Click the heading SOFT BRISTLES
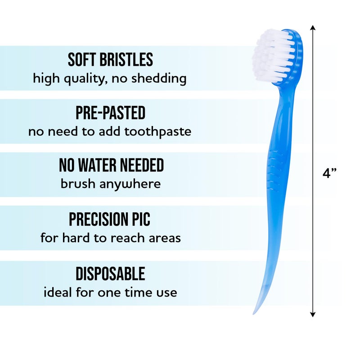[110, 60]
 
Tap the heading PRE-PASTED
[110, 113]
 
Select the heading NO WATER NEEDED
[111, 166]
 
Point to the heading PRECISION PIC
[109, 219]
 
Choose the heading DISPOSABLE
[110, 273]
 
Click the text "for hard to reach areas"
[111, 238]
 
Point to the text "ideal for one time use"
[110, 292]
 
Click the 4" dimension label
[329, 174]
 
